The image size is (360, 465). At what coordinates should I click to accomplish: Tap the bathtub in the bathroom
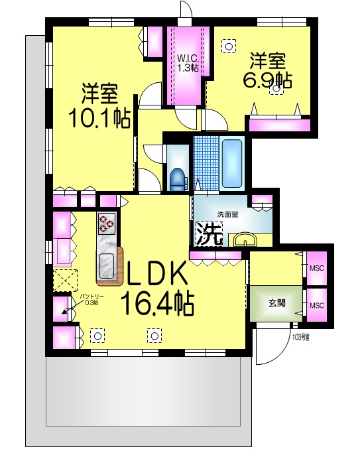(233, 163)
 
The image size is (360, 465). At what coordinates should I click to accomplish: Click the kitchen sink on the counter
(107, 265)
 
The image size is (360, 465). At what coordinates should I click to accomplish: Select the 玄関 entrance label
(276, 303)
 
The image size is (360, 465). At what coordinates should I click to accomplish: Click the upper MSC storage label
(317, 268)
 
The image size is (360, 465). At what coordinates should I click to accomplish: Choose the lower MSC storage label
(317, 305)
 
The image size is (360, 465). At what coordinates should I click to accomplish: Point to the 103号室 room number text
(300, 338)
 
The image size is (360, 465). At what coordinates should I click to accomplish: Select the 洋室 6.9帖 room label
(267, 70)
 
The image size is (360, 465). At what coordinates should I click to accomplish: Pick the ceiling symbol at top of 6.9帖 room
(229, 46)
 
